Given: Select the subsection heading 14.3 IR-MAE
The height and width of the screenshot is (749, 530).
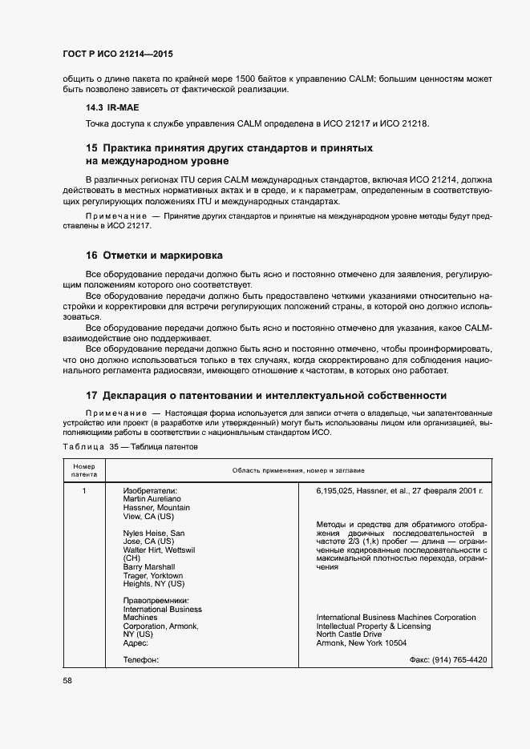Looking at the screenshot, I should click(x=115, y=107).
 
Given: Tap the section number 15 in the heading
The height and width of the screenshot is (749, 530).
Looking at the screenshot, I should click(x=91, y=148).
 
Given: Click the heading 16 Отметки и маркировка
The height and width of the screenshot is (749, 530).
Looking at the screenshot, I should click(x=154, y=256).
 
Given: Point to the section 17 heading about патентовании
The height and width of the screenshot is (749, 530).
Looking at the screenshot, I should click(x=266, y=395).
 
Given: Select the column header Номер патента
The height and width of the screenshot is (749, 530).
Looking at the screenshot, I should click(x=84, y=470).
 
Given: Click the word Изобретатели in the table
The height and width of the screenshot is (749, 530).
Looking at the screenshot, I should click(x=150, y=490).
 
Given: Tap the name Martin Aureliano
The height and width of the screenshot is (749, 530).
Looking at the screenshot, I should click(x=152, y=499).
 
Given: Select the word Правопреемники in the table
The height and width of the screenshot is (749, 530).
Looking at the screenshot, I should click(x=156, y=599).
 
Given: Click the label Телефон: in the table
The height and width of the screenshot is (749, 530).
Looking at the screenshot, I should click(x=141, y=659).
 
